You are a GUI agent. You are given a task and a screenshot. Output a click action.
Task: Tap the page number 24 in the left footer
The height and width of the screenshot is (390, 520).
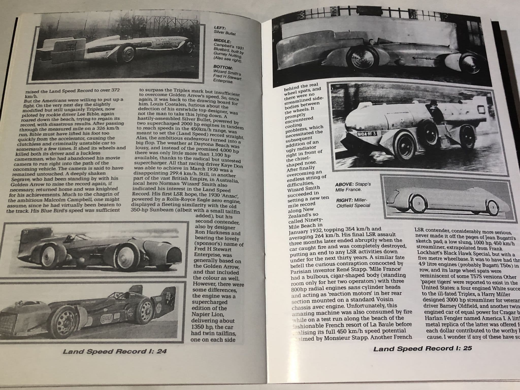click(161, 351)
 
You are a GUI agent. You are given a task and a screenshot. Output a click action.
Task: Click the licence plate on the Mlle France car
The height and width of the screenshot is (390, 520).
click(366, 134)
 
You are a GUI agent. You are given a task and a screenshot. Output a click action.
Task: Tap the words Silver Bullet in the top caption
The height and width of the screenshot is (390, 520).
click(225, 33)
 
